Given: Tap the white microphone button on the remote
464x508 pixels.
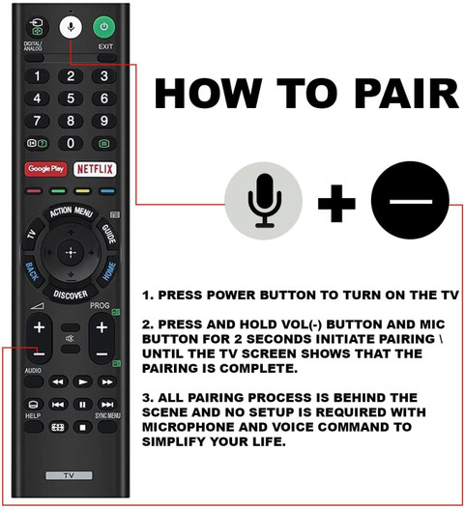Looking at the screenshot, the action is click(71, 27).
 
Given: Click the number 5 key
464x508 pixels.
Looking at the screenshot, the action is click(71, 99).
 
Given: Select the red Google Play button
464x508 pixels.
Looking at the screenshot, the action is click(45, 169).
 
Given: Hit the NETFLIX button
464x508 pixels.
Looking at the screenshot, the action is click(95, 169).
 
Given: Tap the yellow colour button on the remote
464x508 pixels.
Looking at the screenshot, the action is click(83, 191).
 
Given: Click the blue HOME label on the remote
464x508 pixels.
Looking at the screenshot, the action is click(109, 271).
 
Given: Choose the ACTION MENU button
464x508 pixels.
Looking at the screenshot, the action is click(72, 212).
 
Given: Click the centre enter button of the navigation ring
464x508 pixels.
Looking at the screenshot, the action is click(71, 252).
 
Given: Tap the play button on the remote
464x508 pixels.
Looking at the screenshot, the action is click(83, 382).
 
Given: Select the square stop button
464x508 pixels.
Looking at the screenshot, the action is click(83, 427).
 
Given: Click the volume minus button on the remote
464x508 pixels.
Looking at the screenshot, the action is click(40, 353).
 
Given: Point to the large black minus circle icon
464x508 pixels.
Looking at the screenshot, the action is click(410, 200).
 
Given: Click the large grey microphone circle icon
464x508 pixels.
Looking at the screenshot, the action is click(264, 201).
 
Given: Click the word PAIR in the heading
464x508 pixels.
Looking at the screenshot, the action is click(407, 94).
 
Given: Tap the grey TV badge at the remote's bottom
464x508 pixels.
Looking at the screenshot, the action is click(69, 475).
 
